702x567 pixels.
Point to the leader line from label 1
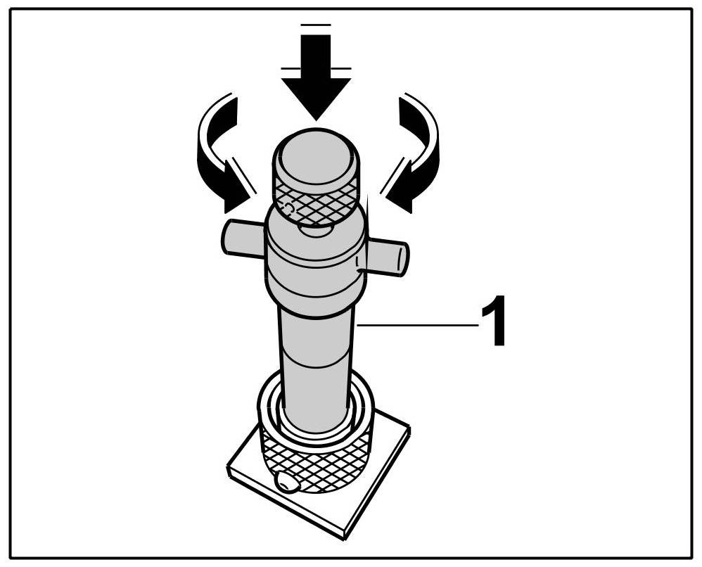415,324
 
